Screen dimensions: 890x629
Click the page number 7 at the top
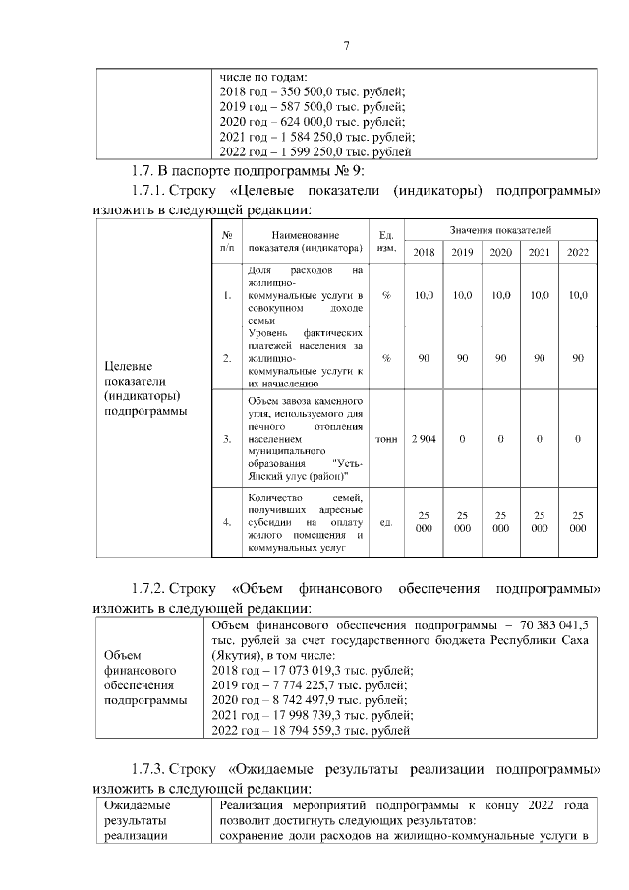tap(346, 45)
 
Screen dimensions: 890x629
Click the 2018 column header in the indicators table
tap(424, 253)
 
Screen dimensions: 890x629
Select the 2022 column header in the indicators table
tap(578, 253)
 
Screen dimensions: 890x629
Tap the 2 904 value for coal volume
tap(424, 438)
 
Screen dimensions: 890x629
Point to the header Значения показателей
tap(500, 229)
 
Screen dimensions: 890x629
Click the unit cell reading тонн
tap(386, 438)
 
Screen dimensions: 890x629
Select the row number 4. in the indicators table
tap(227, 522)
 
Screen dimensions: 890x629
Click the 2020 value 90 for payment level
tap(500, 358)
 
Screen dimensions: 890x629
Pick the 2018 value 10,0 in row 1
tap(424, 295)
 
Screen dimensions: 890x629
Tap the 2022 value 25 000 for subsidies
tap(578, 521)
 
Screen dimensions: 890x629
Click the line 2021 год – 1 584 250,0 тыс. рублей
tap(314, 137)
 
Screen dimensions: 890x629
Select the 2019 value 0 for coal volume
tap(462, 438)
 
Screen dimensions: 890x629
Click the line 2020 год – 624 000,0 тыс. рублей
tap(308, 122)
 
